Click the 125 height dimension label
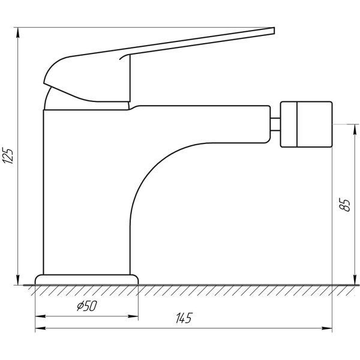point(8,156)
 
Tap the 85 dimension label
point(344,204)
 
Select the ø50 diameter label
point(87,306)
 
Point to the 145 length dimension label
point(184,318)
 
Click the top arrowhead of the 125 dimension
point(17,32)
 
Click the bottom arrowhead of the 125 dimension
point(17,280)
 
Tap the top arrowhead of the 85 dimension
point(355,130)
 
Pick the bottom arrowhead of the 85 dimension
point(355,280)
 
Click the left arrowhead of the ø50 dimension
point(40,316)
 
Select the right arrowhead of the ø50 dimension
point(133,316)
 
